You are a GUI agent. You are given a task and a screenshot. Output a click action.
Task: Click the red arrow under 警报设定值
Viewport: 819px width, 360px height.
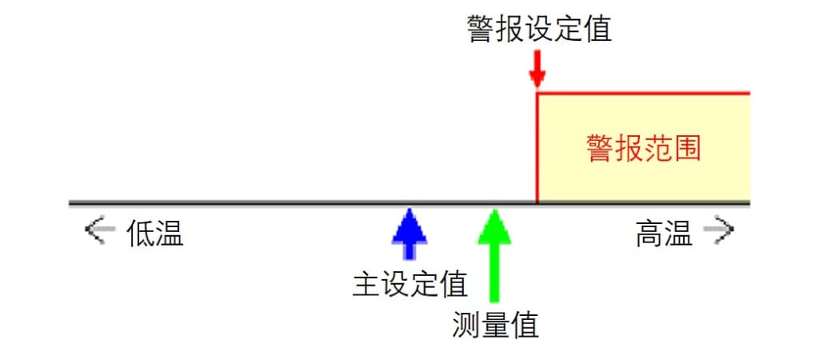(537, 69)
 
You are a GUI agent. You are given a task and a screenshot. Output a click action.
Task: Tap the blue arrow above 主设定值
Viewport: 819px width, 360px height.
(409, 234)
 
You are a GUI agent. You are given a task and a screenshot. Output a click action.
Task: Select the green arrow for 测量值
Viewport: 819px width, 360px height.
(494, 255)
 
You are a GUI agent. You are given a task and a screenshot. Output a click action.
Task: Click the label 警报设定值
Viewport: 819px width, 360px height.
(539, 29)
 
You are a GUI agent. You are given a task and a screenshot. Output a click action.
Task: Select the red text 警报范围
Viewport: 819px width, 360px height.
(643, 148)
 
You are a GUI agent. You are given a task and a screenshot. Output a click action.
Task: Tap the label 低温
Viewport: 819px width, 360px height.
(155, 233)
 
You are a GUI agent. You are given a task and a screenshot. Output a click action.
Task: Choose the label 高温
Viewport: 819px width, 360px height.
(664, 233)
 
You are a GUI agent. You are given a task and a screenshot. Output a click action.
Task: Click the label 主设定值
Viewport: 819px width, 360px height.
(410, 284)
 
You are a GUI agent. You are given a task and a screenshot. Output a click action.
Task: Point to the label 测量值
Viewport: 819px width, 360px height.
(494, 326)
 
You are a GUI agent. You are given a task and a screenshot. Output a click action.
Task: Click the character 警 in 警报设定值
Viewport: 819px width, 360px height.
(481, 29)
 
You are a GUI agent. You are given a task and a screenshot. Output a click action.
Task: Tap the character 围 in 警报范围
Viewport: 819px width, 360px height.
(686, 148)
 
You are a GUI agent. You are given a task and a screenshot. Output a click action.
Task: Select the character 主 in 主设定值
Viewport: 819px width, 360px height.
(366, 284)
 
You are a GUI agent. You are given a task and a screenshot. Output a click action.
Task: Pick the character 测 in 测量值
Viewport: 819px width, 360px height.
(466, 326)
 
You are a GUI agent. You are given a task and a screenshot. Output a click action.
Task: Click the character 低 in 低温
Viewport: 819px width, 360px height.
(141, 233)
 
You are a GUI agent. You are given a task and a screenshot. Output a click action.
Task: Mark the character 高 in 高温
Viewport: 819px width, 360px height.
(649, 233)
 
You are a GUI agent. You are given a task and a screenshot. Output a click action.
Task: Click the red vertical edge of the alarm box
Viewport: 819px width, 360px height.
(537, 147)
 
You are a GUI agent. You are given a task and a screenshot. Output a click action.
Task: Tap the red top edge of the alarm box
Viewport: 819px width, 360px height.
(644, 94)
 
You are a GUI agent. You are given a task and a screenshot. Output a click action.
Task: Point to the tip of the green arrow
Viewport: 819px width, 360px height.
(494, 209)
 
